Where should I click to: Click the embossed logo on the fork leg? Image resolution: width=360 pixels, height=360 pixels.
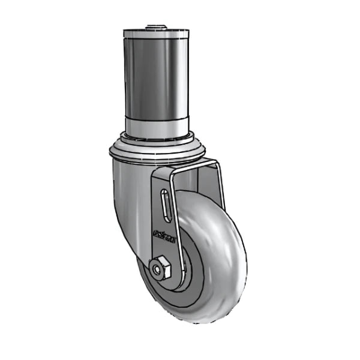pos(163,235)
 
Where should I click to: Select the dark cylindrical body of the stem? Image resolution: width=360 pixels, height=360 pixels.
pos(156,78)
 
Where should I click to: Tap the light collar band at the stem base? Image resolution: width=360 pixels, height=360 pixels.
pos(156,126)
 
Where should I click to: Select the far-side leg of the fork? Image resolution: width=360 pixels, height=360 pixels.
pos(218,180)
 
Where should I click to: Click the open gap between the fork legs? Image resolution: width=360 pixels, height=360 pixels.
pos(195,180)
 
